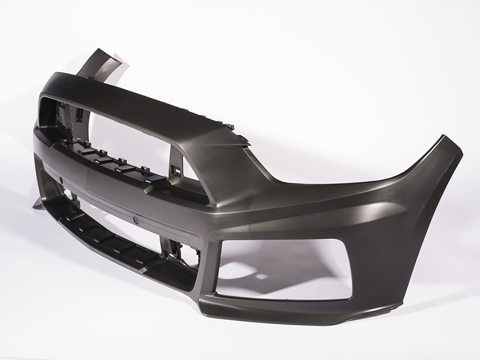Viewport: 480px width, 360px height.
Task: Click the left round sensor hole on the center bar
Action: coord(62,179)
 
